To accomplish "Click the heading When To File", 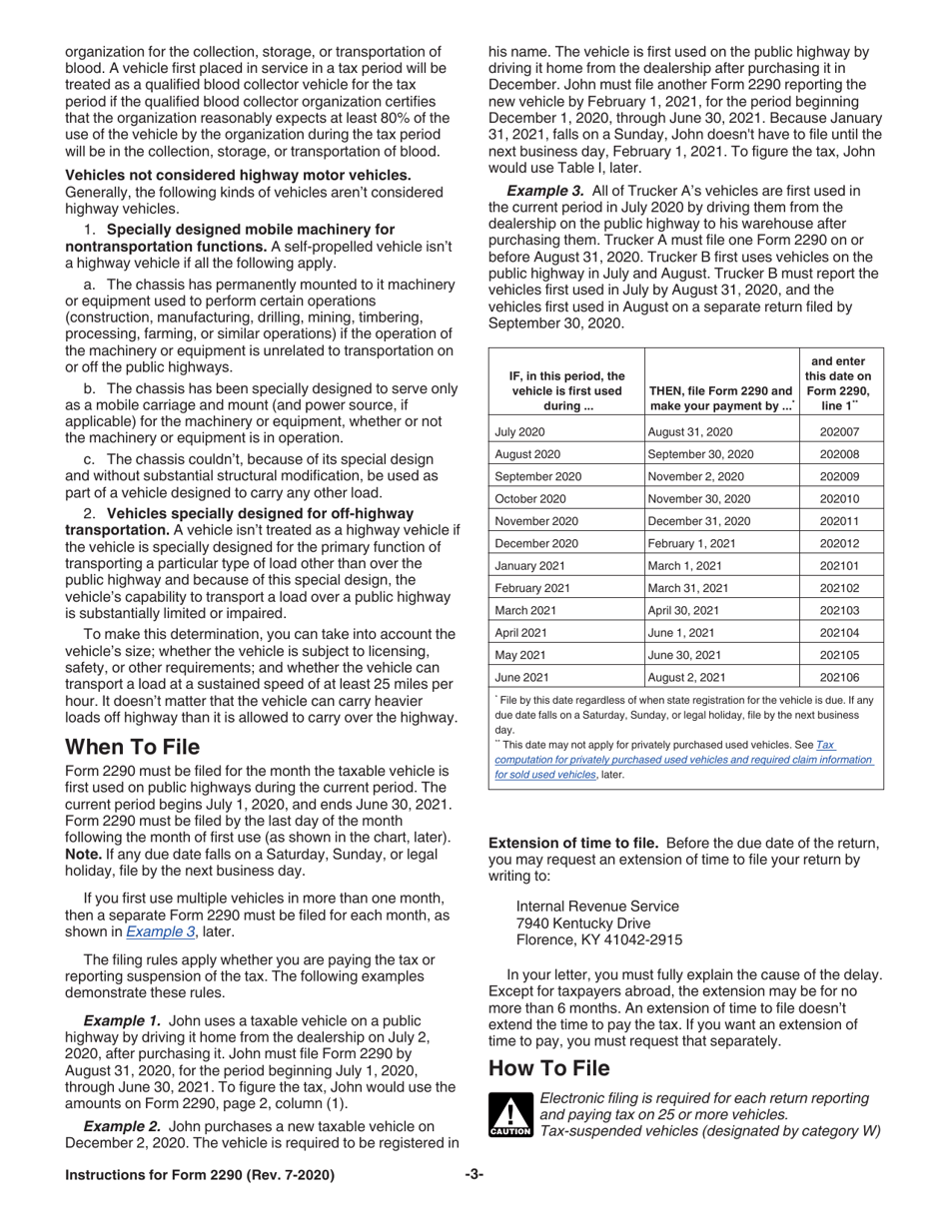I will click(132, 747).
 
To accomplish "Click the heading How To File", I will click(548, 1068).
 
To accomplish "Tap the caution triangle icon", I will click(510, 1114).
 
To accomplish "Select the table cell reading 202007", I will click(838, 432).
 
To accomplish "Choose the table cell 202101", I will click(838, 565).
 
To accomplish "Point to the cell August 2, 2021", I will click(690, 676).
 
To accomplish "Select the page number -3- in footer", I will click(474, 1175).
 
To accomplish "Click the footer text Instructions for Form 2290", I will click(200, 1175).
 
